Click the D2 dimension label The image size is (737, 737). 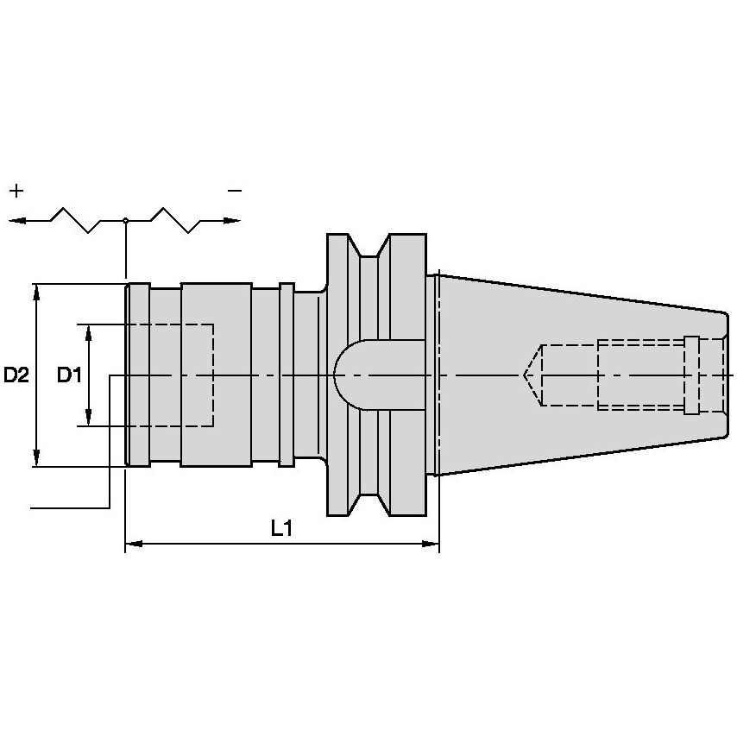coord(16,375)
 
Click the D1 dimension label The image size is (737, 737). coord(70,375)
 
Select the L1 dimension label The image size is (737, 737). coord(281,528)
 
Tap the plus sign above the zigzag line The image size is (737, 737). coord(16,191)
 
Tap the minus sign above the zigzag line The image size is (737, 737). coord(235,191)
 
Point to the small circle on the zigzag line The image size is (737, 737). coord(125,220)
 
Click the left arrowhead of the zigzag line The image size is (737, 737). coord(17,220)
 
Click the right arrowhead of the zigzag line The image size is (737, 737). coord(232,220)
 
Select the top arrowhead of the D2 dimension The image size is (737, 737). coord(36,293)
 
